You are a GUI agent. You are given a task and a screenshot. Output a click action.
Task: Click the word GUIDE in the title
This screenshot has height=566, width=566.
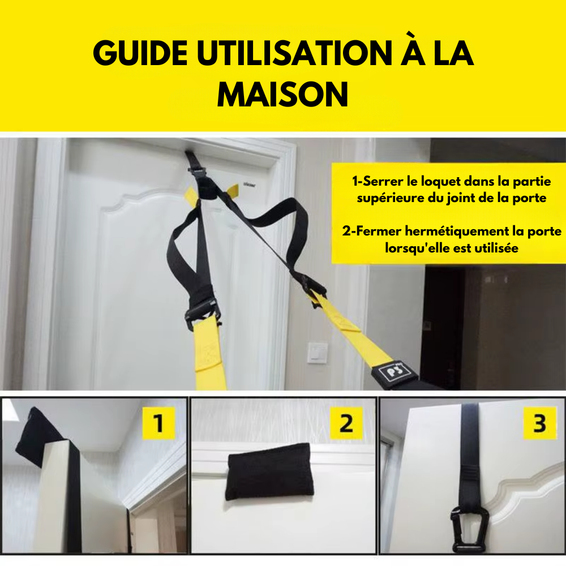pyautogui.click(x=140, y=53)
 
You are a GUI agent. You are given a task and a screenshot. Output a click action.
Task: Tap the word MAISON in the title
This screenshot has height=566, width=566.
pyautogui.click(x=282, y=94)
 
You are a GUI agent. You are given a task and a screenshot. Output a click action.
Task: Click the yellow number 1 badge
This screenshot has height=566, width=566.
pyautogui.click(x=158, y=423)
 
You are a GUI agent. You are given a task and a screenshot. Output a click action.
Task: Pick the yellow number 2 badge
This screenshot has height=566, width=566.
pyautogui.click(x=346, y=423)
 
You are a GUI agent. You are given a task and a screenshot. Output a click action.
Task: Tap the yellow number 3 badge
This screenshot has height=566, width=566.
pyautogui.click(x=539, y=423)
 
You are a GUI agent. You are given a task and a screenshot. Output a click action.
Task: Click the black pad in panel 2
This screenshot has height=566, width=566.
pyautogui.click(x=269, y=471)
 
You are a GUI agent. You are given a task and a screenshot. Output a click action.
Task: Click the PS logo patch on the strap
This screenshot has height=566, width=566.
pyautogui.click(x=395, y=371)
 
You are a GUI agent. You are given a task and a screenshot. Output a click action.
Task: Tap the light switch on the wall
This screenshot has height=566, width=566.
pyautogui.click(x=318, y=353)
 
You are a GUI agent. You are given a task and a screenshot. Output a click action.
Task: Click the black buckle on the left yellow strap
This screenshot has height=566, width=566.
pyautogui.click(x=202, y=312)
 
